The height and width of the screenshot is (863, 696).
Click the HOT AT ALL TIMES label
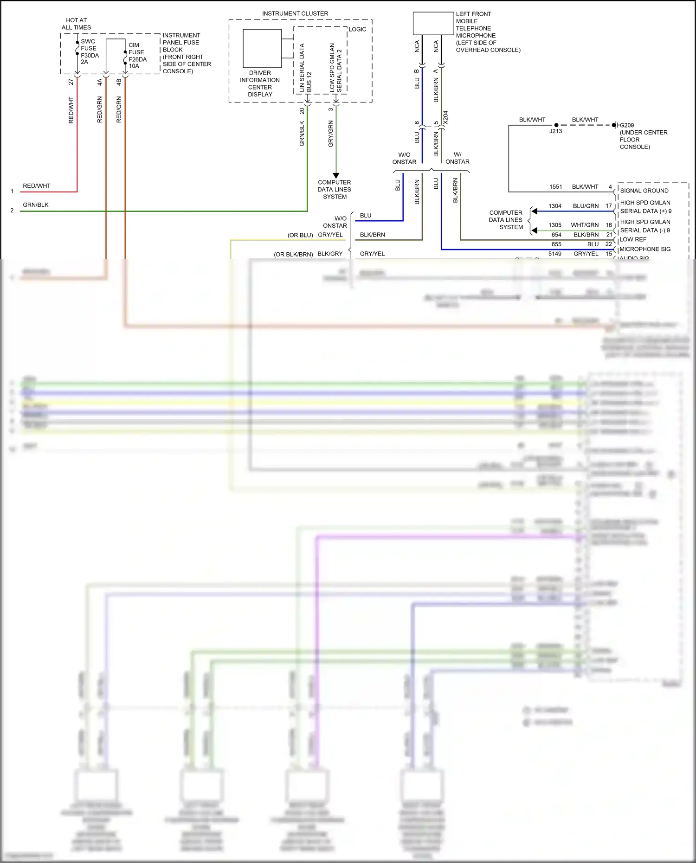[76, 24]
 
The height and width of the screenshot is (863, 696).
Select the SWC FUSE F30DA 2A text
[90, 51]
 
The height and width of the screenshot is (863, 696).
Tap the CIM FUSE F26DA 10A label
[137, 56]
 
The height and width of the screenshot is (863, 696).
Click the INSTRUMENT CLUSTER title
[295, 13]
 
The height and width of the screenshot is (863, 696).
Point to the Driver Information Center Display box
[262, 48]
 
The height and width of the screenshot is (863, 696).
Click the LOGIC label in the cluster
[357, 29]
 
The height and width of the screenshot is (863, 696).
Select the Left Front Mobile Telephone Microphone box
[433, 23]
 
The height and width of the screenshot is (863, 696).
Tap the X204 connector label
[445, 117]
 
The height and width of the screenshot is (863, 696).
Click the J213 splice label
[555, 131]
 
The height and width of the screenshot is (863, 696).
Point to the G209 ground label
[627, 125]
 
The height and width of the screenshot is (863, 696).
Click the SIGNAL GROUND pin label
[644, 191]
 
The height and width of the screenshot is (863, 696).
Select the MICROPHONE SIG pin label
[644, 249]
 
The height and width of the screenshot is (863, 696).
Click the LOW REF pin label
[632, 239]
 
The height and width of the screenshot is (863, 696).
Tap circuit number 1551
[555, 187]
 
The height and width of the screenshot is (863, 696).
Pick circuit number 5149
[554, 254]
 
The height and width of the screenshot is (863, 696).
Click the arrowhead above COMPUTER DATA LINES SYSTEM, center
[336, 176]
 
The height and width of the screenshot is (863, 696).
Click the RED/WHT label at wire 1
[37, 186]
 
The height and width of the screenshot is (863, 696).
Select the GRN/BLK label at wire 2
[36, 205]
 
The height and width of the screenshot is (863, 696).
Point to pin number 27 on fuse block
[71, 82]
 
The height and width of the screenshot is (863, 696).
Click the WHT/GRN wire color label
[585, 225]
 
